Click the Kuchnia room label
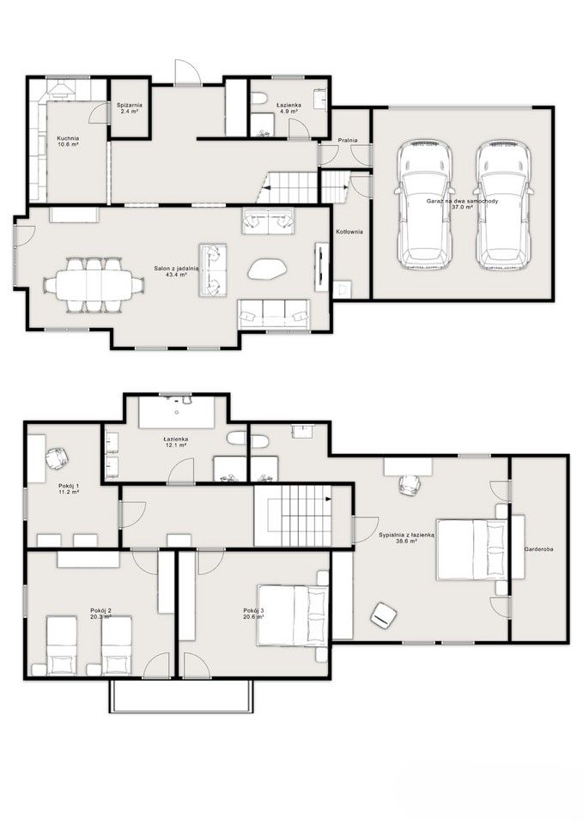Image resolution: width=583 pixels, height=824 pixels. pyautogui.click(x=68, y=138)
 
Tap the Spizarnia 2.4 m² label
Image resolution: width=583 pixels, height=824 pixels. pyautogui.click(x=130, y=108)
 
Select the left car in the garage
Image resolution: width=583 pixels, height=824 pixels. pyautogui.click(x=425, y=205)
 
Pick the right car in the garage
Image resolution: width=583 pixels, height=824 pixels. pyautogui.click(x=502, y=205)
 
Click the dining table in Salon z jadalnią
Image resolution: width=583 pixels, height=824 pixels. pyautogui.click(x=94, y=284)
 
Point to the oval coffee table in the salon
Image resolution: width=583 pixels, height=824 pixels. pyautogui.click(x=268, y=269)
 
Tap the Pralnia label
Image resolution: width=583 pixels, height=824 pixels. pyautogui.click(x=348, y=140)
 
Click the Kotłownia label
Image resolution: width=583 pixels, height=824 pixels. pyautogui.click(x=349, y=231)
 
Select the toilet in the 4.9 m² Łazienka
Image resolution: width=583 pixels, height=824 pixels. pyautogui.click(x=258, y=98)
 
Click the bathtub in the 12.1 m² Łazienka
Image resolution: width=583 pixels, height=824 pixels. pyautogui.click(x=177, y=413)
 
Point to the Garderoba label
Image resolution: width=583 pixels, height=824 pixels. pyautogui.click(x=538, y=549)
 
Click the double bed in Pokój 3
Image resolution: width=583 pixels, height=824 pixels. pyautogui.click(x=293, y=615)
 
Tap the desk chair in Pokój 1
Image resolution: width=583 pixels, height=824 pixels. pyautogui.click(x=57, y=458)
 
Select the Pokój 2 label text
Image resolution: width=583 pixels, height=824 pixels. pyautogui.click(x=100, y=610)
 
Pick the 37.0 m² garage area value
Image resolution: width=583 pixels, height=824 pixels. pyautogui.click(x=462, y=207)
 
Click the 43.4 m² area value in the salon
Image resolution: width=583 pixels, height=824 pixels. pyautogui.click(x=177, y=275)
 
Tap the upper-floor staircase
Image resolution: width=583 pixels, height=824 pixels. pyautogui.click(x=293, y=516)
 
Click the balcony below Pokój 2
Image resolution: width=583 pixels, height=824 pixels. pyautogui.click(x=181, y=696)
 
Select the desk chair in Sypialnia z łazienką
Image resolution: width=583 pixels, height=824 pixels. pyautogui.click(x=409, y=484)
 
